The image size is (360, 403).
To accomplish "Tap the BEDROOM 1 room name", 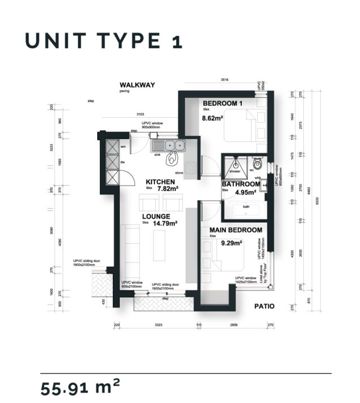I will point(223,103).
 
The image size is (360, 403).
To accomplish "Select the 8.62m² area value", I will point(214,119).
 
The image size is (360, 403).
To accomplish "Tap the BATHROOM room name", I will point(241,184).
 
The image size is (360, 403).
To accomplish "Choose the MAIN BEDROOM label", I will point(236,230).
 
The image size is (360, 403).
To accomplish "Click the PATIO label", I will point(264,306).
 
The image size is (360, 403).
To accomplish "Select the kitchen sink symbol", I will point(169,146).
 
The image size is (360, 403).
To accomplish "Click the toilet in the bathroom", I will point(257,165).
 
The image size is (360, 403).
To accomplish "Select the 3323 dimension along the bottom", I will point(160,326).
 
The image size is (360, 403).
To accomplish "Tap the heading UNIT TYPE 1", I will point(103,40).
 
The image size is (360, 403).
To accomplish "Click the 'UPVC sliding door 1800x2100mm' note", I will point(86,263).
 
